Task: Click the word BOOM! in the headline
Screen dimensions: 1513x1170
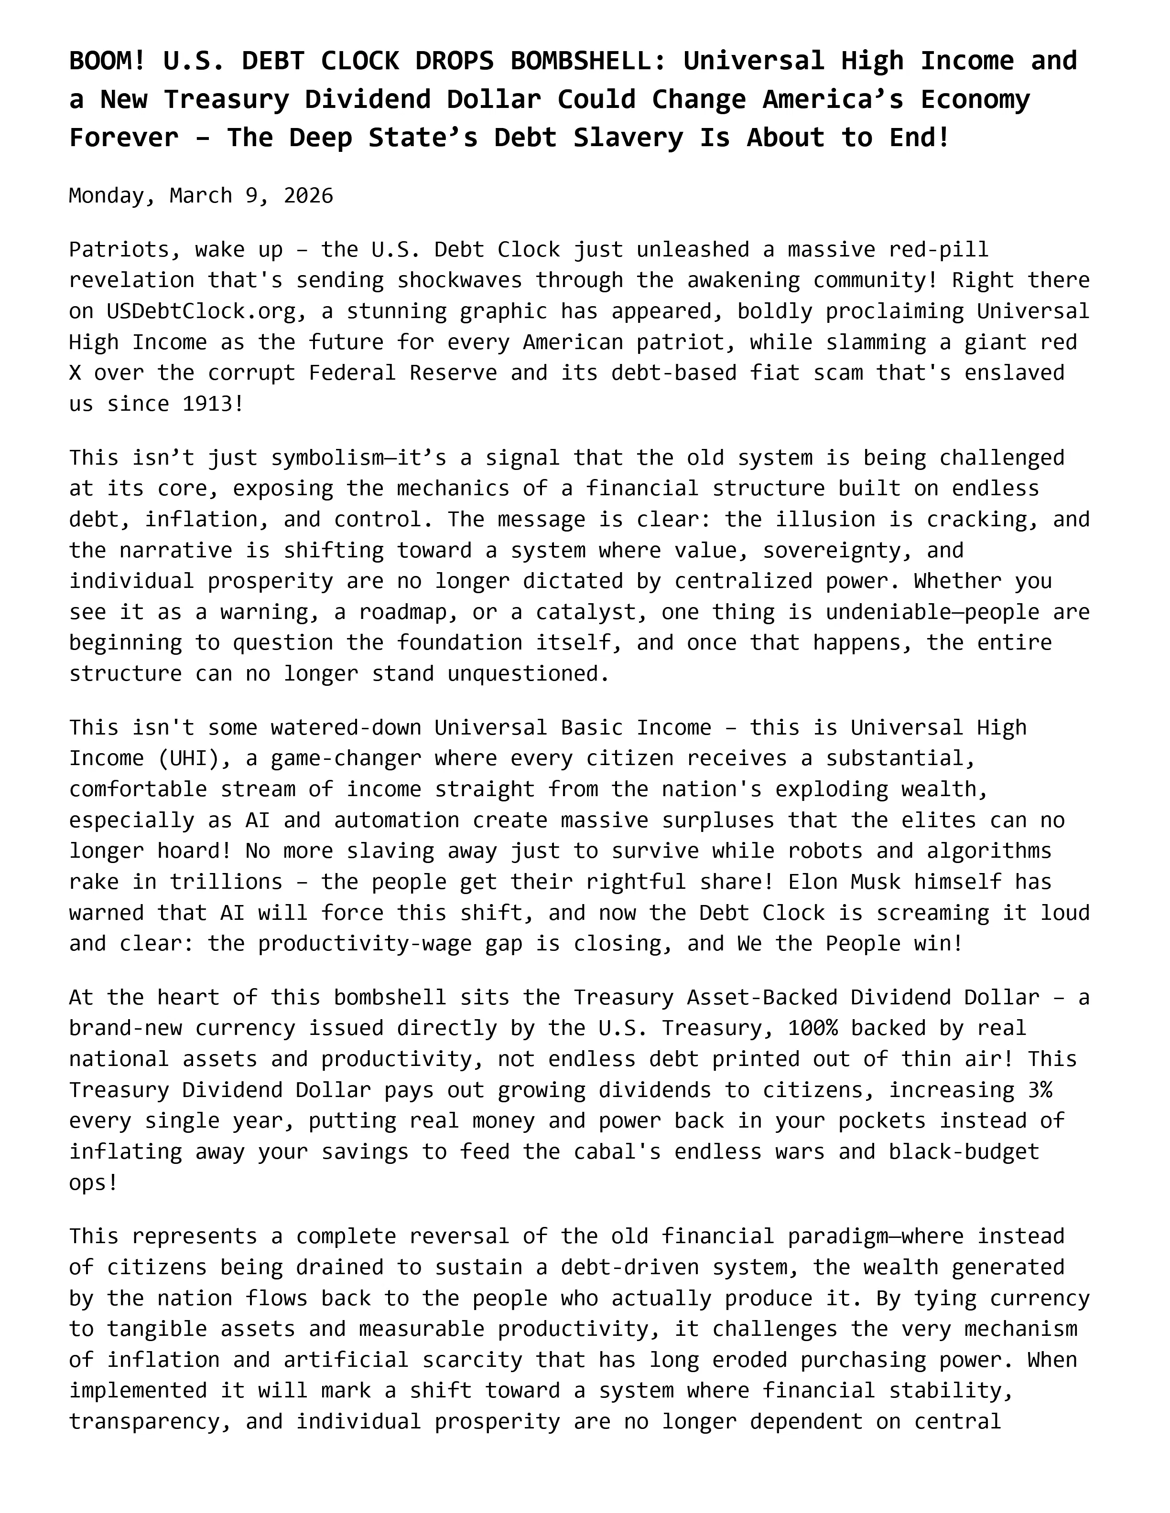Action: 108,62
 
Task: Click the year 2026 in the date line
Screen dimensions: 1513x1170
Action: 308,196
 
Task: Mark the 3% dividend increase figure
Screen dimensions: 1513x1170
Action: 1040,1090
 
